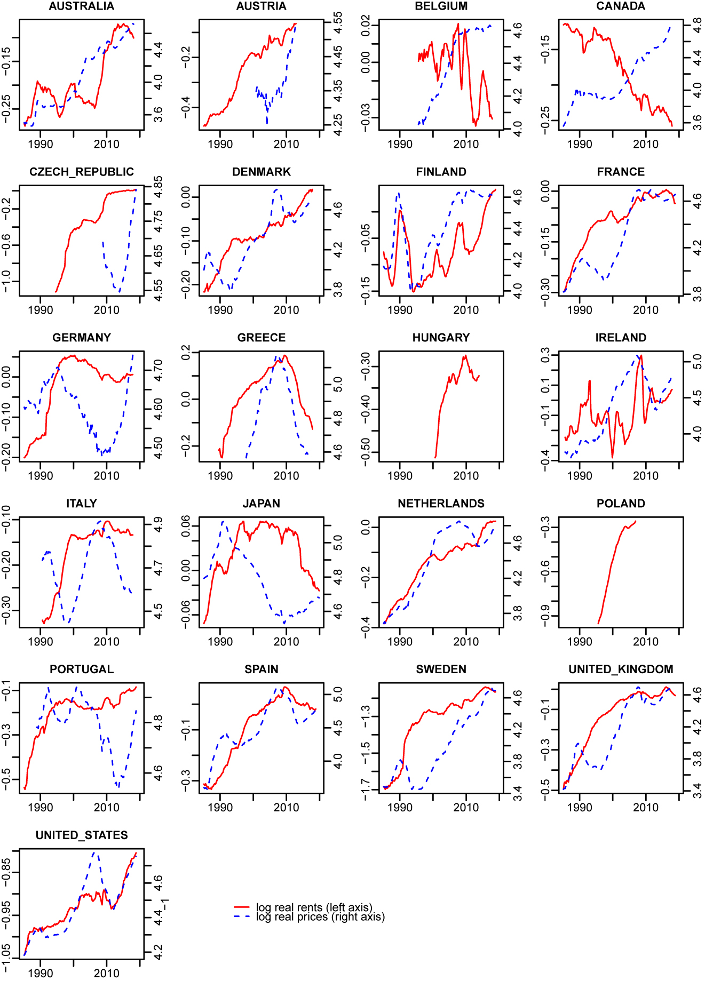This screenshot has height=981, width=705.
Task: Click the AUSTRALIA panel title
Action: click(x=81, y=6)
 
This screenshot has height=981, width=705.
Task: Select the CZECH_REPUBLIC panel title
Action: click(x=81, y=172)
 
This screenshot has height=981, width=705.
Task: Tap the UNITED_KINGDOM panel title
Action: click(x=621, y=669)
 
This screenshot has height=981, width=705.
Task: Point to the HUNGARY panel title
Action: click(x=441, y=338)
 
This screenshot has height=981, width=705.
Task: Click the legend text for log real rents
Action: click(x=314, y=907)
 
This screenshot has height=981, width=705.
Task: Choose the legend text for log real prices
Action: click(x=320, y=917)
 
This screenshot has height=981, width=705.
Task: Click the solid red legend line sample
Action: click(x=242, y=907)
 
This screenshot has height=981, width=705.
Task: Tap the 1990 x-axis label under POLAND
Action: click(x=580, y=642)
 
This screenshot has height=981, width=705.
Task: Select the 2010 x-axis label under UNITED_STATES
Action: click(x=107, y=974)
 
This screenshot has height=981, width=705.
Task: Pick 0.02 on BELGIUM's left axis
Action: click(x=366, y=25)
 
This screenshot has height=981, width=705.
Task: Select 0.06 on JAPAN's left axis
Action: click(x=186, y=525)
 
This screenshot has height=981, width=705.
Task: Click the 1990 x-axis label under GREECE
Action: click(x=220, y=476)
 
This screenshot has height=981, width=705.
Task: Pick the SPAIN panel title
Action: click(x=261, y=669)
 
